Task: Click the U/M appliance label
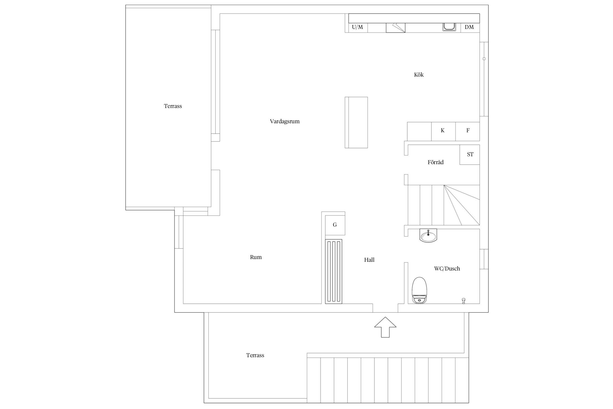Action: point(357,27)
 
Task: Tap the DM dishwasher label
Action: point(469,27)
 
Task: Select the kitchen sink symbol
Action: point(449,27)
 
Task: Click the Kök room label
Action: point(419,75)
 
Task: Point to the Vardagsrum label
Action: point(285,122)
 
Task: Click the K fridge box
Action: point(443,131)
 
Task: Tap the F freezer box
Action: point(468,131)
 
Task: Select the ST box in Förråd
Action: point(470,155)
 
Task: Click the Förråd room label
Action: point(436,162)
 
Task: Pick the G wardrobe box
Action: point(335,225)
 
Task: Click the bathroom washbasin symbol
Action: point(428,235)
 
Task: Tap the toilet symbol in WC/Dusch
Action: point(420,290)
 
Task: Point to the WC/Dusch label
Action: point(447,269)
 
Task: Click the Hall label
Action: point(369,260)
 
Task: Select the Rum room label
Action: point(256,257)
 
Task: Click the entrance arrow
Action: point(385,327)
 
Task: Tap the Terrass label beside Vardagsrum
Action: point(173,106)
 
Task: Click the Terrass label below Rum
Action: point(255,355)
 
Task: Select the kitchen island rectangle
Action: point(356,122)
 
